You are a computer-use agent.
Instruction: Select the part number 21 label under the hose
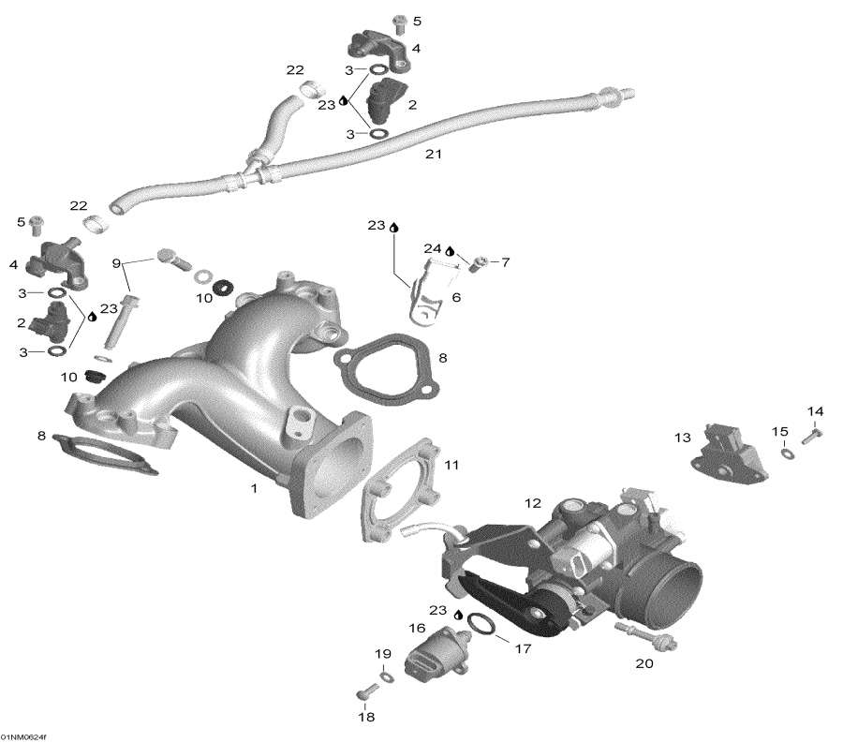(x=434, y=154)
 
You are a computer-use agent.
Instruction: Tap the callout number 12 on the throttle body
(x=532, y=504)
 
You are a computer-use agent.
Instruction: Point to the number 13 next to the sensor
(x=682, y=438)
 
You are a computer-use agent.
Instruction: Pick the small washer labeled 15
(x=786, y=454)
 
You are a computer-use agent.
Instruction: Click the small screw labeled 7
(x=477, y=261)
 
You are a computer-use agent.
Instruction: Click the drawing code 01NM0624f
(x=24, y=736)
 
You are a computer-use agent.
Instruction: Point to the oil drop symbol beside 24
(x=450, y=251)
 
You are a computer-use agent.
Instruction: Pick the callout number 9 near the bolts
(x=117, y=263)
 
